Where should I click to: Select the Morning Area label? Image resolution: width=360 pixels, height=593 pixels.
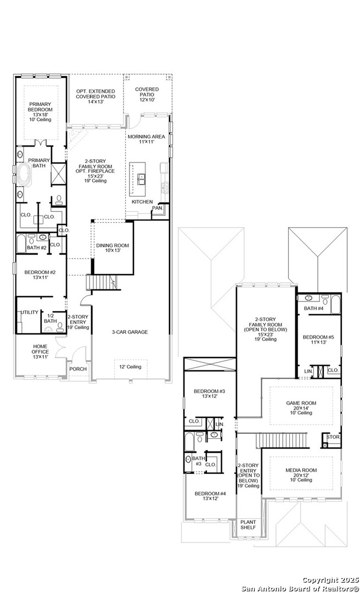click(145, 138)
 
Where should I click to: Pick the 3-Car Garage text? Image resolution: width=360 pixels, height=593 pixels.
click(130, 332)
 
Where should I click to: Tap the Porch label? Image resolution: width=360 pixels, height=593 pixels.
click(78, 369)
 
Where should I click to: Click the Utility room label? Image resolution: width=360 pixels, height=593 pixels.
click(30, 312)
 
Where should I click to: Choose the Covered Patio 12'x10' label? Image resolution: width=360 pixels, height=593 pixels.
click(147, 93)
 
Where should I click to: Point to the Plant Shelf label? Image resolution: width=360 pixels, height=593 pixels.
click(248, 524)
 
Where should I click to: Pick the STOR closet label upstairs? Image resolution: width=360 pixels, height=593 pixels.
click(333, 437)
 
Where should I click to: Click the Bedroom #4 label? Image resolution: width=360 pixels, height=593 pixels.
click(210, 496)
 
